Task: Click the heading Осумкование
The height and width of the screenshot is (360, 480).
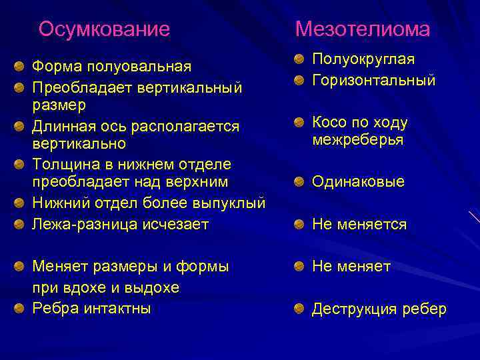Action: [104, 29]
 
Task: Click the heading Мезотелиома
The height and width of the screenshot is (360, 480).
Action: [363, 29]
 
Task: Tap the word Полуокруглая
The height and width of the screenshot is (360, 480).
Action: [363, 60]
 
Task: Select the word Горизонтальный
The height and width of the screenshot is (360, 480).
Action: [374, 81]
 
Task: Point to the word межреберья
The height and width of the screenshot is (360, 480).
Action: [357, 141]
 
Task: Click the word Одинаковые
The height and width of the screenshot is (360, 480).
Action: [358, 182]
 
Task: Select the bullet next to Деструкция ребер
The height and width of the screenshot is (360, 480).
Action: [301, 309]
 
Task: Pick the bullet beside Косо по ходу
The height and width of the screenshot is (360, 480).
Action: [301, 123]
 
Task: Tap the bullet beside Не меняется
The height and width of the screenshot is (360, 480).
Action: [301, 225]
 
